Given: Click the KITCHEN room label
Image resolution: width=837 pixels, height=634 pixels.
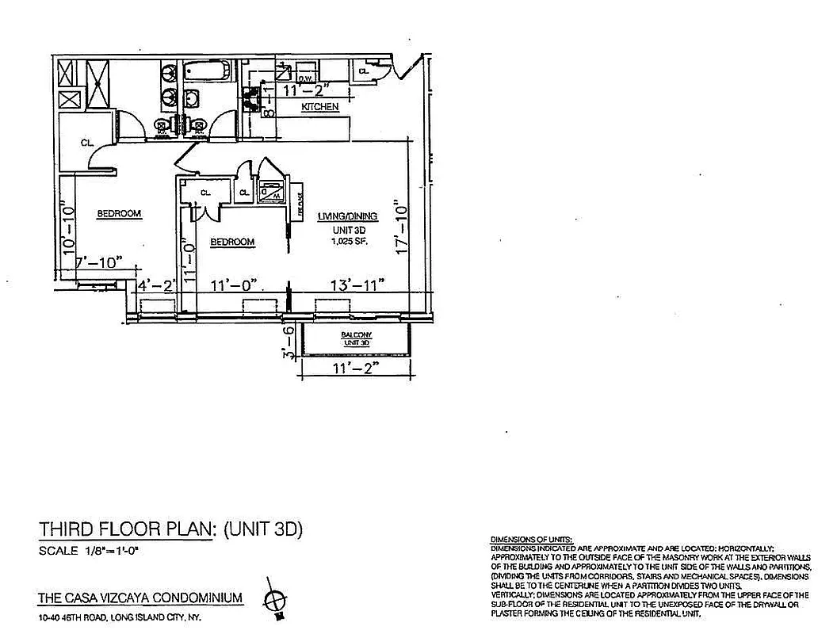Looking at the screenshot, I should [320, 106].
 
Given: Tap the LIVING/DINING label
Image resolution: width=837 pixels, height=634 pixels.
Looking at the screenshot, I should [347, 216].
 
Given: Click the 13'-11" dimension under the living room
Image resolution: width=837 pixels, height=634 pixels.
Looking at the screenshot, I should [357, 284].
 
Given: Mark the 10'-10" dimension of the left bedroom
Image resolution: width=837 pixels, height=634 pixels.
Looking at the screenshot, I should [68, 230].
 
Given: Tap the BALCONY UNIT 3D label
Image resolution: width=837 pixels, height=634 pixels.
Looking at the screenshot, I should [356, 338].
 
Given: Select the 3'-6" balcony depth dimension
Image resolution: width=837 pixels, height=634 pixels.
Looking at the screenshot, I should [290, 342].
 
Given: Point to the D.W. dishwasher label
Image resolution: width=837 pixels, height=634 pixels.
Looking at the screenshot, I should [306, 78].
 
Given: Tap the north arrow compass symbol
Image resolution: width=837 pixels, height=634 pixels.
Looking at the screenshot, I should [277, 599].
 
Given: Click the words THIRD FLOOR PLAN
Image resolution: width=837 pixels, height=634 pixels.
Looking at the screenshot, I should [125, 530].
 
